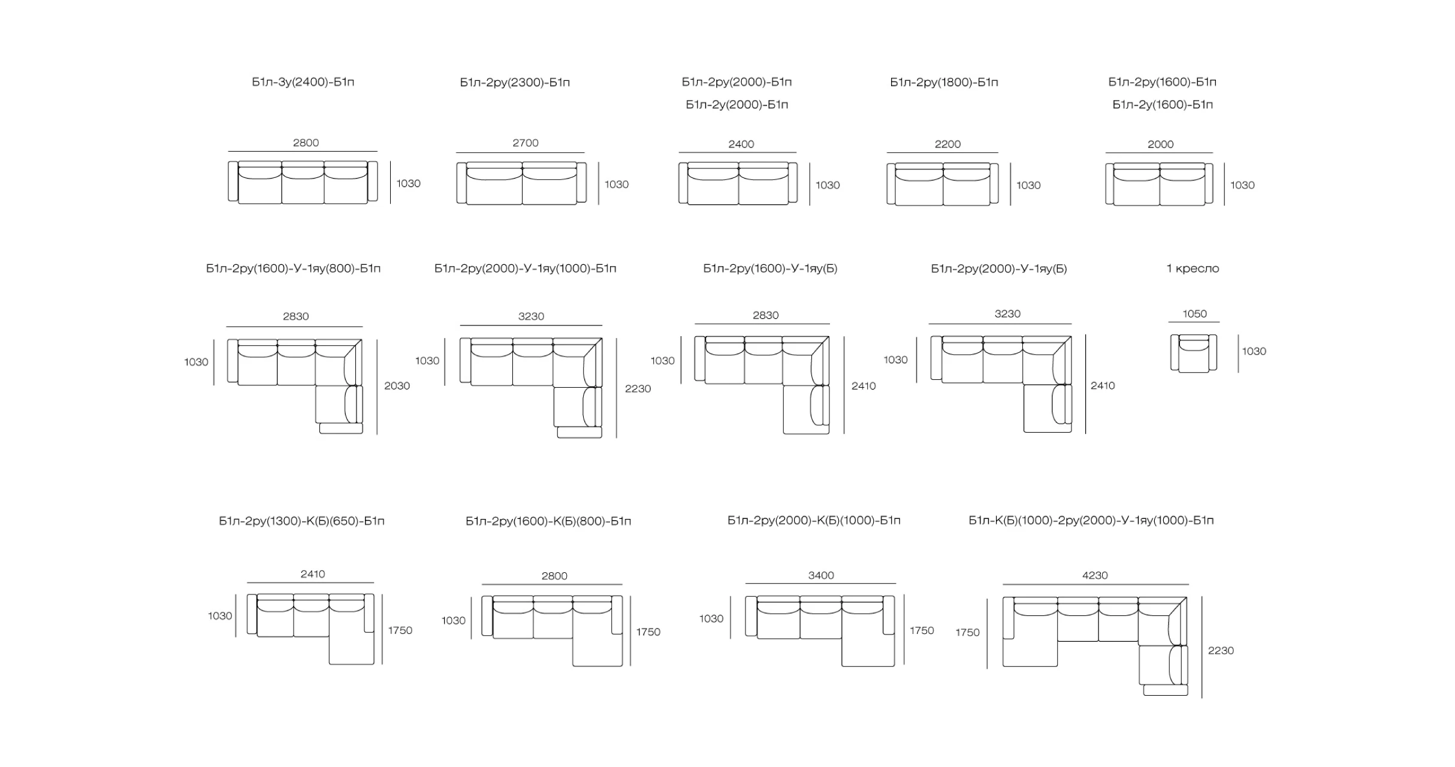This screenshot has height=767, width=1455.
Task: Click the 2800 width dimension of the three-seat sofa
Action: (x=306, y=143)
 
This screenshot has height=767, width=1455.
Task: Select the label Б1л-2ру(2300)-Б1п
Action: (x=515, y=82)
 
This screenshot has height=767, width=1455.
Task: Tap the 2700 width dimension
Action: (x=526, y=143)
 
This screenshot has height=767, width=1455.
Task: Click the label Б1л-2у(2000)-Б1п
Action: (x=737, y=105)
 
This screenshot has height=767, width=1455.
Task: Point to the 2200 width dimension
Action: (x=947, y=144)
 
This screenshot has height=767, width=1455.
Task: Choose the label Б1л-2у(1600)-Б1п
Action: (x=1163, y=105)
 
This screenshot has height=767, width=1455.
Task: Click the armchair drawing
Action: (x=1194, y=354)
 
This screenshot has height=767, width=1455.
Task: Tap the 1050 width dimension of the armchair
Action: (x=1194, y=314)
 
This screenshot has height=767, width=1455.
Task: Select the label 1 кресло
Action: (x=1193, y=268)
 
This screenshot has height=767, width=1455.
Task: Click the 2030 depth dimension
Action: (x=397, y=386)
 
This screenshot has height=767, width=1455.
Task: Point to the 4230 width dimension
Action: (x=1095, y=575)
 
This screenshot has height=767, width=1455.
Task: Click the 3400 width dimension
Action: (x=821, y=575)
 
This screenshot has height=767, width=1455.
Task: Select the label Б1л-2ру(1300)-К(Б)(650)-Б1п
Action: (x=301, y=521)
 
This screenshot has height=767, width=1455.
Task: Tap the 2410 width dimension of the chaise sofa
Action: (x=313, y=574)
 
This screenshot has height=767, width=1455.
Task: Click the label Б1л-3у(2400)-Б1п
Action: (x=303, y=82)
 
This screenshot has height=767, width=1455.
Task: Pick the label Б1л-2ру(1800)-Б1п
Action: (x=944, y=82)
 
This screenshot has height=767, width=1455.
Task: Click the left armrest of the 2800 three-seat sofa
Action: (x=233, y=181)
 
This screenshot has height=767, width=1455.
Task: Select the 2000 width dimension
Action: (x=1160, y=144)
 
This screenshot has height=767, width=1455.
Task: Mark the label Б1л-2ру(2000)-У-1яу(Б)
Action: (x=999, y=268)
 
